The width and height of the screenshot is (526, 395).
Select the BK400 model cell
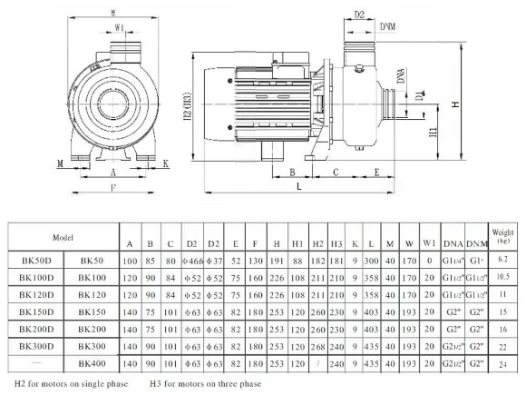[x=93, y=363]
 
